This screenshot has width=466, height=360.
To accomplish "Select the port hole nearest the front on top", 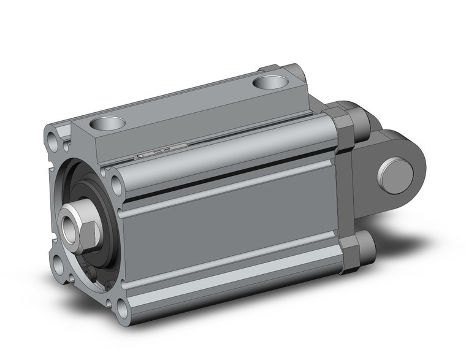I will click(107, 123).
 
